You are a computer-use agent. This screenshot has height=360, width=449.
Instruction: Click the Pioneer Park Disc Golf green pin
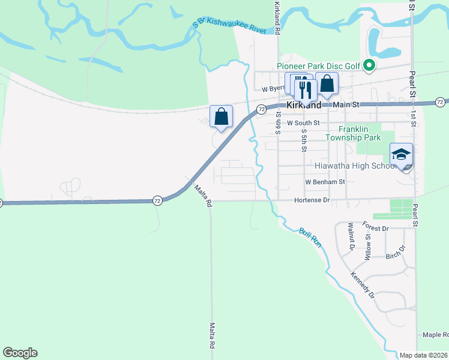[370, 66]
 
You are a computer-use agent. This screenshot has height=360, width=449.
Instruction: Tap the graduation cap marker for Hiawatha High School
[401, 155]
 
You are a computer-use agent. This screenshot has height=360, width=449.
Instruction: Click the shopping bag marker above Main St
[327, 85]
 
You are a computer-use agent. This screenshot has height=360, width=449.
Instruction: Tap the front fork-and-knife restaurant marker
[306, 91]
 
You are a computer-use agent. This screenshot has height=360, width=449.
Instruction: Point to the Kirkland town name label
[304, 104]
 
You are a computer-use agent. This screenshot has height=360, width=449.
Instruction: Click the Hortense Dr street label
[312, 200]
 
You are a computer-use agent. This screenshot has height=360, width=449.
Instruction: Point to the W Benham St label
[325, 181]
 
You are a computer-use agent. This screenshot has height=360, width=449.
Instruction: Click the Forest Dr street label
[376, 226]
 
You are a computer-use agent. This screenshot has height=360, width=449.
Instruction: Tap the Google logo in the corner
[20, 353]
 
